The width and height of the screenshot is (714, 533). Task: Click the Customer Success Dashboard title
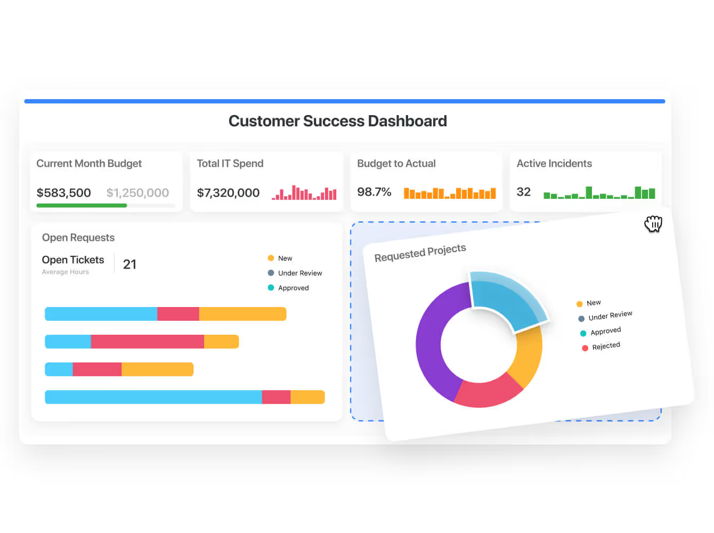click(337, 121)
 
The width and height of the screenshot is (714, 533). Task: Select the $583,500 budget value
click(63, 192)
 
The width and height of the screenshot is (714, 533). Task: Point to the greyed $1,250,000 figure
click(137, 192)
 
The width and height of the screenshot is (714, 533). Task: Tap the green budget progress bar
click(82, 205)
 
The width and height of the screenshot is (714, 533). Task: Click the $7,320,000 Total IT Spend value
click(228, 192)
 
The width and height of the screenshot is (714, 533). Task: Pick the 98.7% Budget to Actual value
click(374, 192)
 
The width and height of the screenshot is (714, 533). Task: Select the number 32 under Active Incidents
click(523, 192)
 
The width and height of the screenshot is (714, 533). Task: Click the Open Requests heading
click(78, 238)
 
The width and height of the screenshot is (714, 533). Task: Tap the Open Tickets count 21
click(129, 264)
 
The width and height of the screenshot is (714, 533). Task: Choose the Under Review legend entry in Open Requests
click(299, 273)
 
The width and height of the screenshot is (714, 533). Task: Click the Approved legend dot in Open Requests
click(271, 288)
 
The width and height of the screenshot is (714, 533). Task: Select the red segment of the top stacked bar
click(178, 314)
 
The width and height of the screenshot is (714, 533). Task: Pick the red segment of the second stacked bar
click(147, 342)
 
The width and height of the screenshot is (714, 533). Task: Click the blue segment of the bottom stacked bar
click(153, 397)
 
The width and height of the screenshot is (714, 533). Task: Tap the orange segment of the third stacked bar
click(157, 369)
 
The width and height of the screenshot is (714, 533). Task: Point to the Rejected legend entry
click(606, 346)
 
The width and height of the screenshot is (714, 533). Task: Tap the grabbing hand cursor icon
click(653, 224)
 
